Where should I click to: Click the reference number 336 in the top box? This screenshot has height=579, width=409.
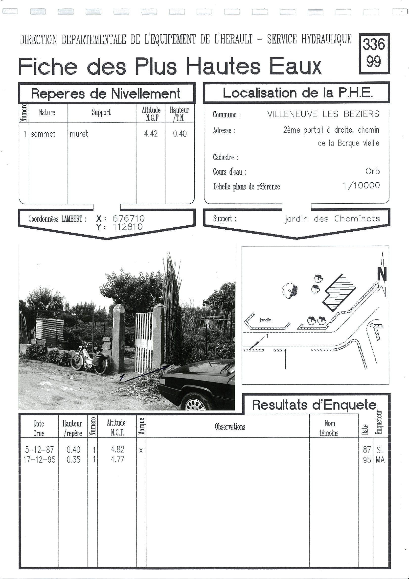(374, 44)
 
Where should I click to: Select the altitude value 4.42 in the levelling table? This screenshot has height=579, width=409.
(151, 134)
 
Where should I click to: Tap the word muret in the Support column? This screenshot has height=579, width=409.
(79, 134)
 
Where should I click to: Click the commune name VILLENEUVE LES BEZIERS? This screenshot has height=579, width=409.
(323, 114)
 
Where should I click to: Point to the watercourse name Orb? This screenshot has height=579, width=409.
(372, 171)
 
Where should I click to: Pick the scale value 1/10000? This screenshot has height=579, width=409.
(361, 186)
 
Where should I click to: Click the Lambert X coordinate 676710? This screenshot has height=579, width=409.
(129, 218)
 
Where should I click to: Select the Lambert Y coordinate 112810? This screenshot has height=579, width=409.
(128, 227)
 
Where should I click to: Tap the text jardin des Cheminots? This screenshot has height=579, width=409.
(332, 219)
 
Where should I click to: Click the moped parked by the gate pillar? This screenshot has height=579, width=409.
(90, 358)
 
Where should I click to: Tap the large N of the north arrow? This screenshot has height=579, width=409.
(382, 274)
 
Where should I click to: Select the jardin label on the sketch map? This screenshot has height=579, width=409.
(265, 320)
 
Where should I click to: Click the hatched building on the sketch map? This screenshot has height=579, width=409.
(339, 292)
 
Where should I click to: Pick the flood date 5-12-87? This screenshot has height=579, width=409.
(39, 449)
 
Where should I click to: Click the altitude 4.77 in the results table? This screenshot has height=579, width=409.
(117, 459)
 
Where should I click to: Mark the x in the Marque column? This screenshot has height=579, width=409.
(141, 450)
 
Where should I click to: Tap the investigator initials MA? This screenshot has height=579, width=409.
(380, 460)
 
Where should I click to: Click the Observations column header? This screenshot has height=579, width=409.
(230, 427)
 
